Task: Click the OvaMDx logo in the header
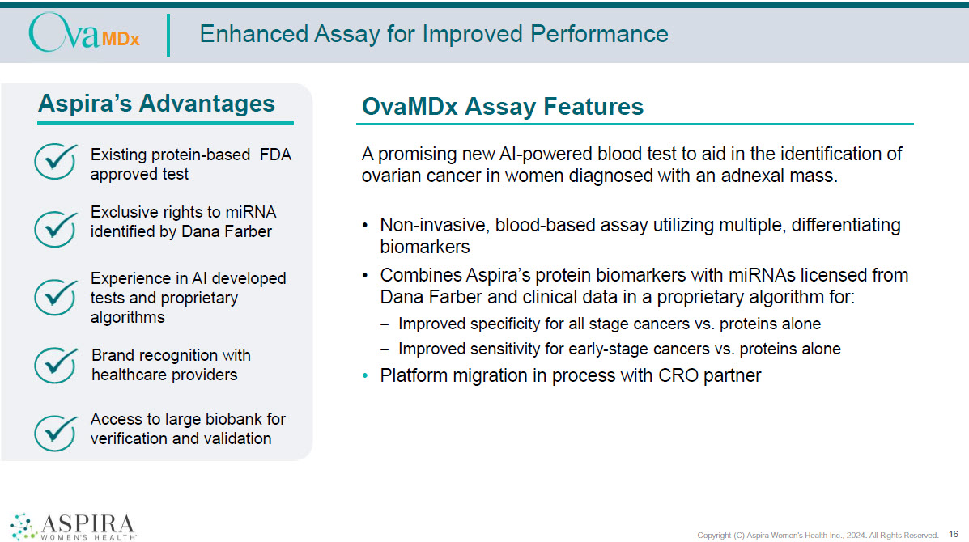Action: [84, 33]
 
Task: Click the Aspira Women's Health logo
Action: [73, 527]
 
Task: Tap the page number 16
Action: [954, 534]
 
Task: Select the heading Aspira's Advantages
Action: [156, 103]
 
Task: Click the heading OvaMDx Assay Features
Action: [503, 106]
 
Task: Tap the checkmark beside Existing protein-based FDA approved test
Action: [56, 161]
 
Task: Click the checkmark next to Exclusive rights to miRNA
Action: [56, 229]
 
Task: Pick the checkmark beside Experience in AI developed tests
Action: [56, 297]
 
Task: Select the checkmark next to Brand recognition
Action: [56, 365]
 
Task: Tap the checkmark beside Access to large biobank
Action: [56, 433]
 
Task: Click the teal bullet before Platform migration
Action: [365, 375]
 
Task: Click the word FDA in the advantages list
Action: [275, 155]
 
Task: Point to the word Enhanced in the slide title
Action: [253, 34]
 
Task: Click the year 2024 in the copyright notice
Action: [856, 536]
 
